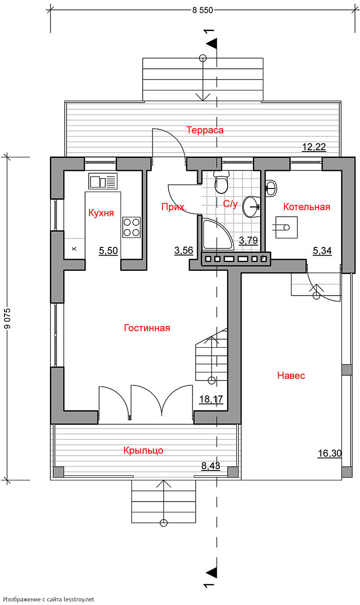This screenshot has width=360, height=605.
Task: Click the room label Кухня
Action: coord(101,213)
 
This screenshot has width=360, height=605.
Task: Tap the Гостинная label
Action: coord(147,327)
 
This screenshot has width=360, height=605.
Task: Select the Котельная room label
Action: coord(307,207)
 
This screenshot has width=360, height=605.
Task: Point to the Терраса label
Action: coord(205,130)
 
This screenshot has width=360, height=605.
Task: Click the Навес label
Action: coord(291,376)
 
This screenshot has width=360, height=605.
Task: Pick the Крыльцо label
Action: coord(144,450)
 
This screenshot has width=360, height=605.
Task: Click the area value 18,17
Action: coord(211,399)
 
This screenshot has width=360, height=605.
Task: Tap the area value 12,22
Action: coord(314,147)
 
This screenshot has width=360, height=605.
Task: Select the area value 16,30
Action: coord(330,453)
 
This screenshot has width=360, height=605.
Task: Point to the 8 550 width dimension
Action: coord(202,10)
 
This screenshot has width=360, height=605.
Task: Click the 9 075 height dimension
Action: coord(8,318)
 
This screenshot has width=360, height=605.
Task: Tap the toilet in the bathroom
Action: coord(221,182)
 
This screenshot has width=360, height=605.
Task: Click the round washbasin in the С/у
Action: coord(252,207)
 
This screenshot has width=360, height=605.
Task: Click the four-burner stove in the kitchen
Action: coord(131,227)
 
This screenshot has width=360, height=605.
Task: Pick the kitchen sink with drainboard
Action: coord(103,181)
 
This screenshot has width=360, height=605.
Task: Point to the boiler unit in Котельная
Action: coord(286,228)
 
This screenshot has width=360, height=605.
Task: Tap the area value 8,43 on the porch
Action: coord(211,466)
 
